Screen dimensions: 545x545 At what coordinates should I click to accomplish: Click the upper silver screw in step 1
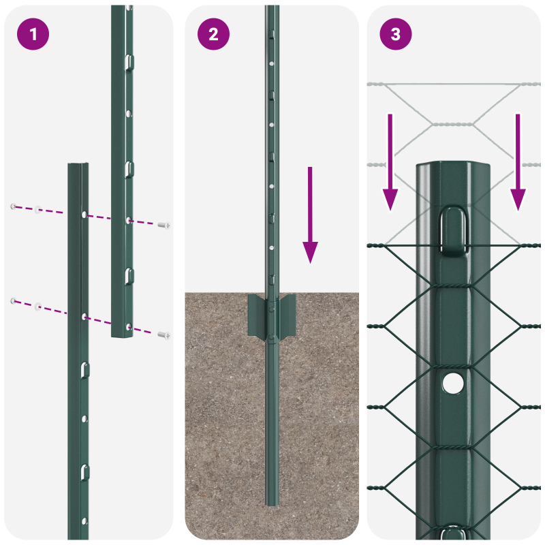[163, 225]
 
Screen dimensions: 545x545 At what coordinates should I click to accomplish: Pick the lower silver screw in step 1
[163, 334]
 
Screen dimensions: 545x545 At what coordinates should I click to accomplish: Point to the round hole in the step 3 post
[451, 383]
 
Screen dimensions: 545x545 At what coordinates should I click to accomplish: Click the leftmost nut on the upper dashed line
[13, 206]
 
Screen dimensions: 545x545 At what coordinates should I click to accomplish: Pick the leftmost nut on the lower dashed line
[13, 300]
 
